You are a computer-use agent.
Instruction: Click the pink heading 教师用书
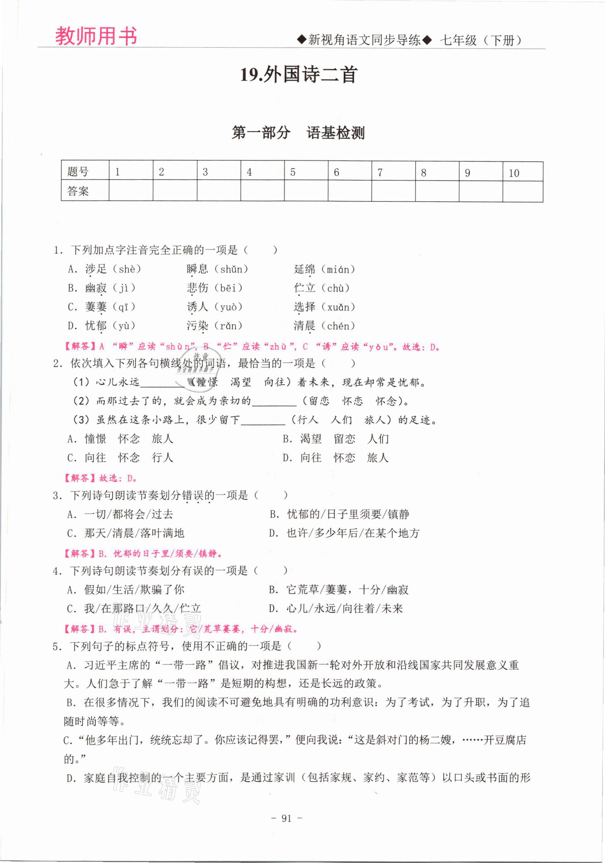pos(96,36)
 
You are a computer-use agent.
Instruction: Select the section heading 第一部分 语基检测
pos(298,132)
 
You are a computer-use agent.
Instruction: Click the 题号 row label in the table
pos(78,172)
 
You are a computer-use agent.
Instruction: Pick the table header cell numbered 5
pos(293,172)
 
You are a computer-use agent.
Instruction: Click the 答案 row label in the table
pos(78,191)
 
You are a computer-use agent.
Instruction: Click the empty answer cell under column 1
pos(130,191)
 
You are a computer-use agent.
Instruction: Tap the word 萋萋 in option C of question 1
pos(96,307)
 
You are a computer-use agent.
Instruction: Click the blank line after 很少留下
pos(263,421)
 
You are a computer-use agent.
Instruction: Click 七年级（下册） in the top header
pos(481,40)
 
